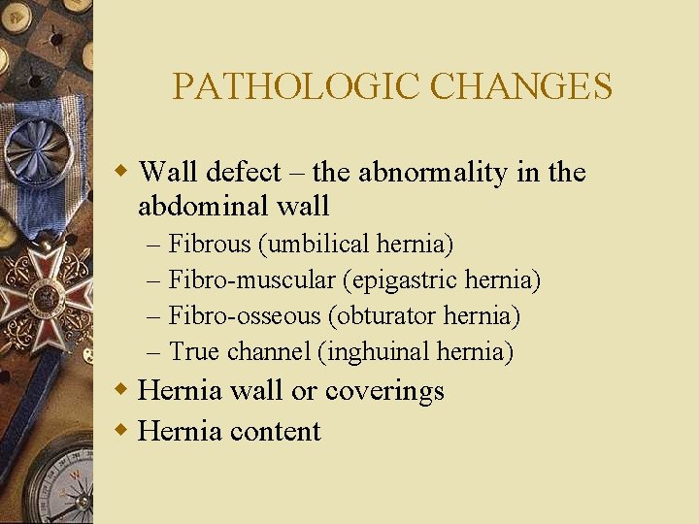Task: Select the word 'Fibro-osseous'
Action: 244,315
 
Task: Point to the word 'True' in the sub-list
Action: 194,351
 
